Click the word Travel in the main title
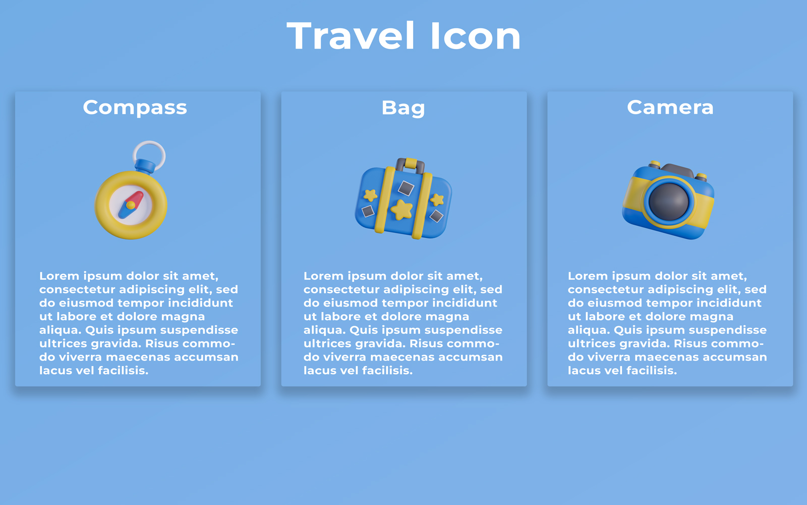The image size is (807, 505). tap(351, 35)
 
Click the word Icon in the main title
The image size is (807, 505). tap(476, 35)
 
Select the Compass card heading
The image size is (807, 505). tap(135, 108)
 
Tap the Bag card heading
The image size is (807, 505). tap(403, 108)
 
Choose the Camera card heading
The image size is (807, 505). tap(670, 108)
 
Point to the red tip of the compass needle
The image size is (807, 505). tap(137, 198)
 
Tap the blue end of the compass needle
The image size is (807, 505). tap(124, 212)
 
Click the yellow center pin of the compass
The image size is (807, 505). tap(131, 205)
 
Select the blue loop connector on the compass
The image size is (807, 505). tap(145, 166)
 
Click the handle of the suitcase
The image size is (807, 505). tap(410, 166)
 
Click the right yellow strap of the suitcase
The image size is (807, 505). tap(422, 206)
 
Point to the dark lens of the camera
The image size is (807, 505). tap(669, 201)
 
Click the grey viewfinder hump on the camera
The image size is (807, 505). tap(677, 170)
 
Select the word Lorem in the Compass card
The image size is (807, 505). tap(59, 276)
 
